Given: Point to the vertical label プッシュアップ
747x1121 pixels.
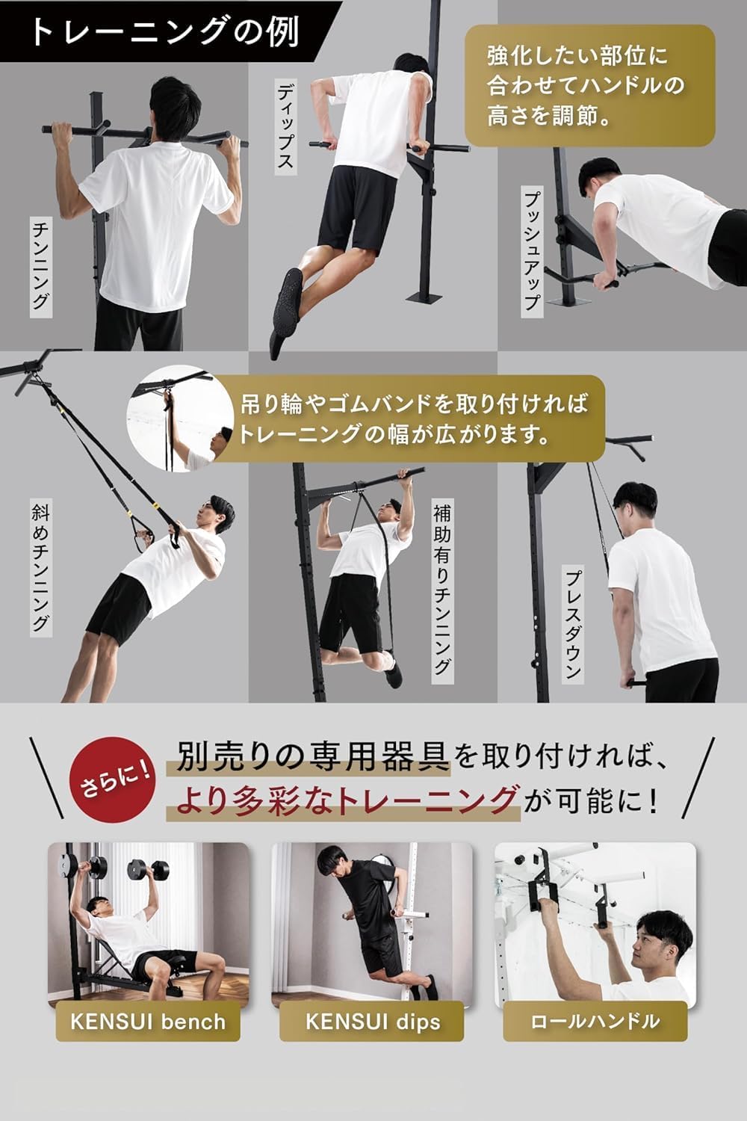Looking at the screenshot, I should pyautogui.click(x=531, y=249).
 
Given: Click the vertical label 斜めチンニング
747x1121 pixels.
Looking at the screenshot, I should pyautogui.click(x=40, y=568).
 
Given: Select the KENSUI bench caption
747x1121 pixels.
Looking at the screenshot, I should pyautogui.click(x=148, y=1021).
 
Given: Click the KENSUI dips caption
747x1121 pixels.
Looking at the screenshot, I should pyautogui.click(x=372, y=1021).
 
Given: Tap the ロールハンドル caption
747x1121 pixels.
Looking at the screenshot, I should pyautogui.click(x=595, y=1021).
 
